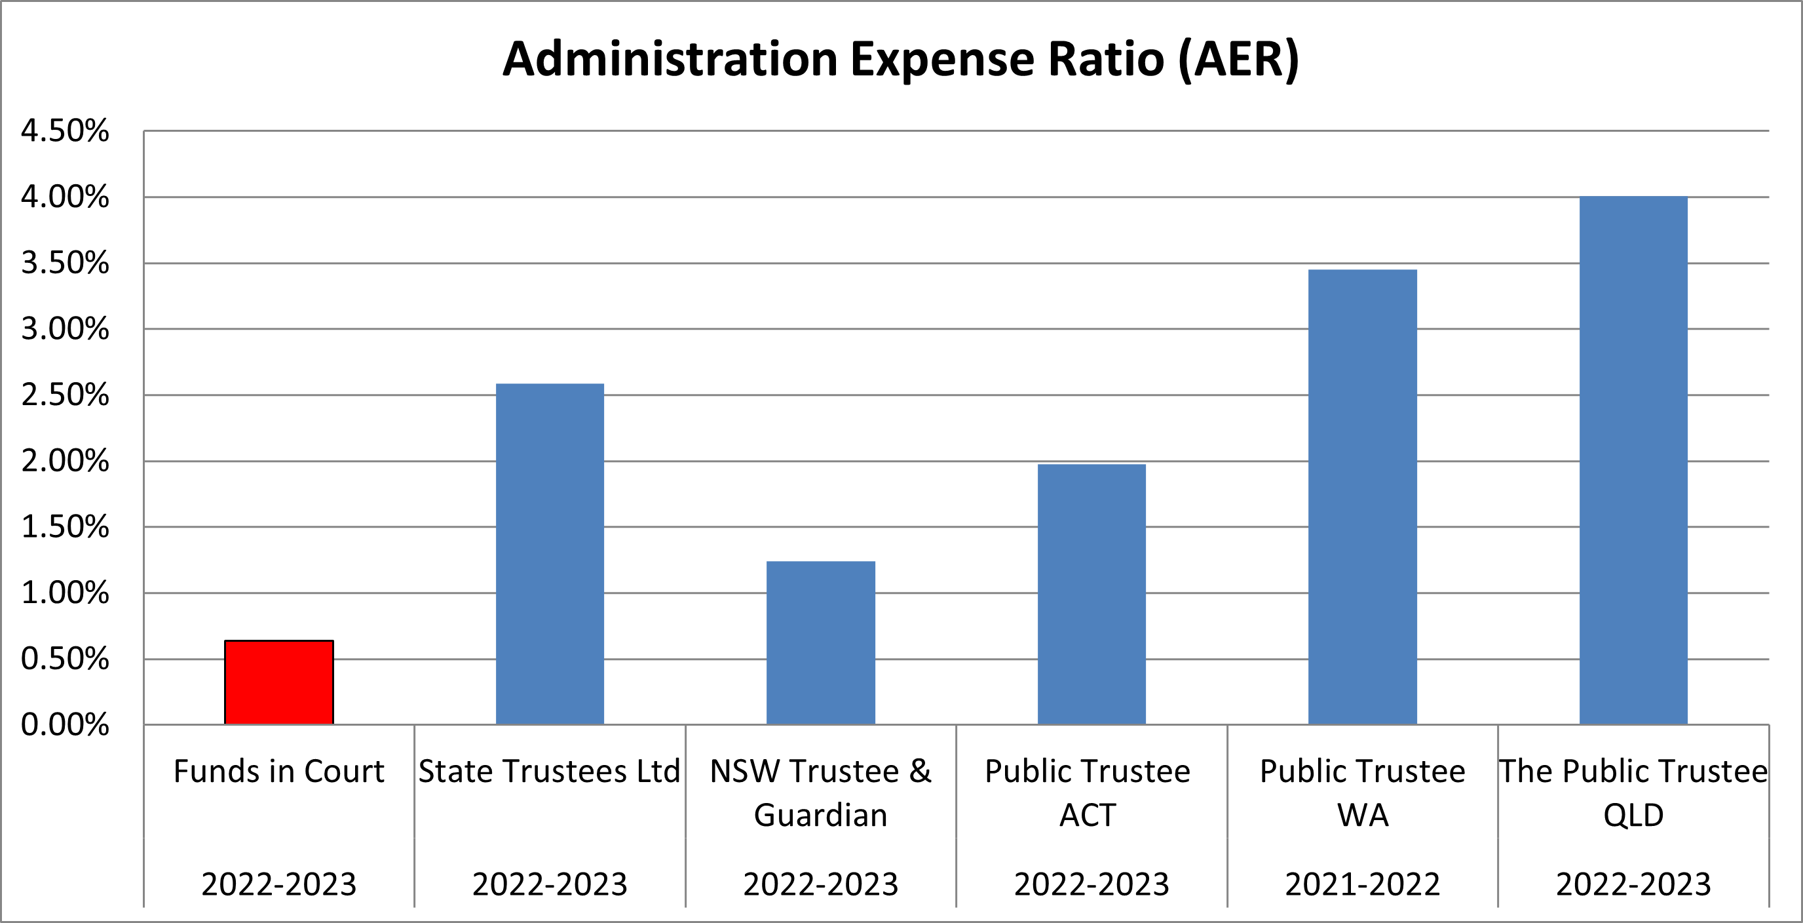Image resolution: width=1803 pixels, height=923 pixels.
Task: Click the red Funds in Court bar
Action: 278,682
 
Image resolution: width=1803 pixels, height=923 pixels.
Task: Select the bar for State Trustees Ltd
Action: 550,553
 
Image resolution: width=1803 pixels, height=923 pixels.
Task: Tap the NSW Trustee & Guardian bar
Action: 820,642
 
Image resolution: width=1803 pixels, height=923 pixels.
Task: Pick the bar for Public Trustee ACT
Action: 1091,594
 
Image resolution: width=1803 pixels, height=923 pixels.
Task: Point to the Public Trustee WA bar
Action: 1362,496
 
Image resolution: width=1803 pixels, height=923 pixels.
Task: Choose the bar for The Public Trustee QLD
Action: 1633,460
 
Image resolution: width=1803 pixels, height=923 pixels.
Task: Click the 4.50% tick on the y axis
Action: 65,131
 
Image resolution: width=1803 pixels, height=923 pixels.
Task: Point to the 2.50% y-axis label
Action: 65,395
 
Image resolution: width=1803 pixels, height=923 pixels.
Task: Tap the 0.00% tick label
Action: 65,725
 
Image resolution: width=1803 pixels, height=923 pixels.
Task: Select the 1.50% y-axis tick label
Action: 65,526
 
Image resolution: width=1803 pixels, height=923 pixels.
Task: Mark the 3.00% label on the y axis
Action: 65,329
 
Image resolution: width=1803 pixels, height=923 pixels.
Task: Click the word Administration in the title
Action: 670,59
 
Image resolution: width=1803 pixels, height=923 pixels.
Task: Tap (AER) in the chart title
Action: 1238,59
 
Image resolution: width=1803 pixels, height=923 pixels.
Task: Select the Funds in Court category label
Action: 278,771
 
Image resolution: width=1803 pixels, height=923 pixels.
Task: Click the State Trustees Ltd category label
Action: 550,771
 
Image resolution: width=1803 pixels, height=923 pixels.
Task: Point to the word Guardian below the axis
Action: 820,815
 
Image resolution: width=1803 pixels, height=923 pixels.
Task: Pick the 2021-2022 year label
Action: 1362,884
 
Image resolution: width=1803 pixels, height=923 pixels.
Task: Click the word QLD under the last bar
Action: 1633,815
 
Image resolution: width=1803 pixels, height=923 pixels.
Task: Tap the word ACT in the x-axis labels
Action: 1087,815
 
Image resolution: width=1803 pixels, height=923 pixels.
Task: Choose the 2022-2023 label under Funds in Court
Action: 278,884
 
